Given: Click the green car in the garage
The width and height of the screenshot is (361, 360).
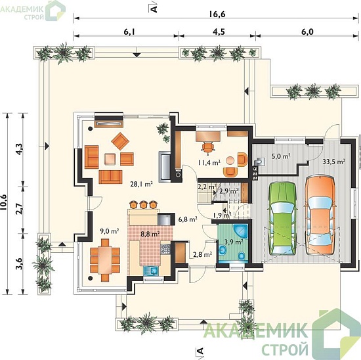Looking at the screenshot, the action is click(282, 218).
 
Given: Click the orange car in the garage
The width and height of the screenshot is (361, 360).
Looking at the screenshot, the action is click(320, 215).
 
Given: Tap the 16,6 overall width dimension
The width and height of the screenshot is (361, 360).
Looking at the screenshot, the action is click(217, 14).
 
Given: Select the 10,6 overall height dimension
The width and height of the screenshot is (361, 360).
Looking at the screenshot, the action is click(4, 202).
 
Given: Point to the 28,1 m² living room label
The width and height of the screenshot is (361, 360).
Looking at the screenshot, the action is click(142, 184).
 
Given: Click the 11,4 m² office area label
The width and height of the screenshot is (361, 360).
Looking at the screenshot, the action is click(209, 163).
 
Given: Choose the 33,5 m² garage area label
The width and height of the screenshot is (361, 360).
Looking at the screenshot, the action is click(333, 162).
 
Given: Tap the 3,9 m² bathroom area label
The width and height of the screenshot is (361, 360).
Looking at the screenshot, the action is click(234, 242).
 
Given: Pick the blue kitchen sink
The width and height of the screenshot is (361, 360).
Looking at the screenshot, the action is click(151, 271).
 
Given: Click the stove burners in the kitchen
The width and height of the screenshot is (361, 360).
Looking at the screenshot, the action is click(165, 249).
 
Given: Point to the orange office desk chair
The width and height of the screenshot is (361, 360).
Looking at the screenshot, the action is click(208, 148).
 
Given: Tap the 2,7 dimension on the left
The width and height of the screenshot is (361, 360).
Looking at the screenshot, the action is click(19, 209).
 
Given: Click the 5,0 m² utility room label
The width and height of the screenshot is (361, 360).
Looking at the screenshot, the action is click(281, 156).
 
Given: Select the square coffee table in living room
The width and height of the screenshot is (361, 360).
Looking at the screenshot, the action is click(110, 159).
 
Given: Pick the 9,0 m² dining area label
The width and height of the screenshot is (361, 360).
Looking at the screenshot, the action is click(110, 231).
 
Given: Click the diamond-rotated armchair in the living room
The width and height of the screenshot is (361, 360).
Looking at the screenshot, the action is click(120, 141).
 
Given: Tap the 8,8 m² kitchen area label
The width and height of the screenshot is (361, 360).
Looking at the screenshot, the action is click(150, 234).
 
